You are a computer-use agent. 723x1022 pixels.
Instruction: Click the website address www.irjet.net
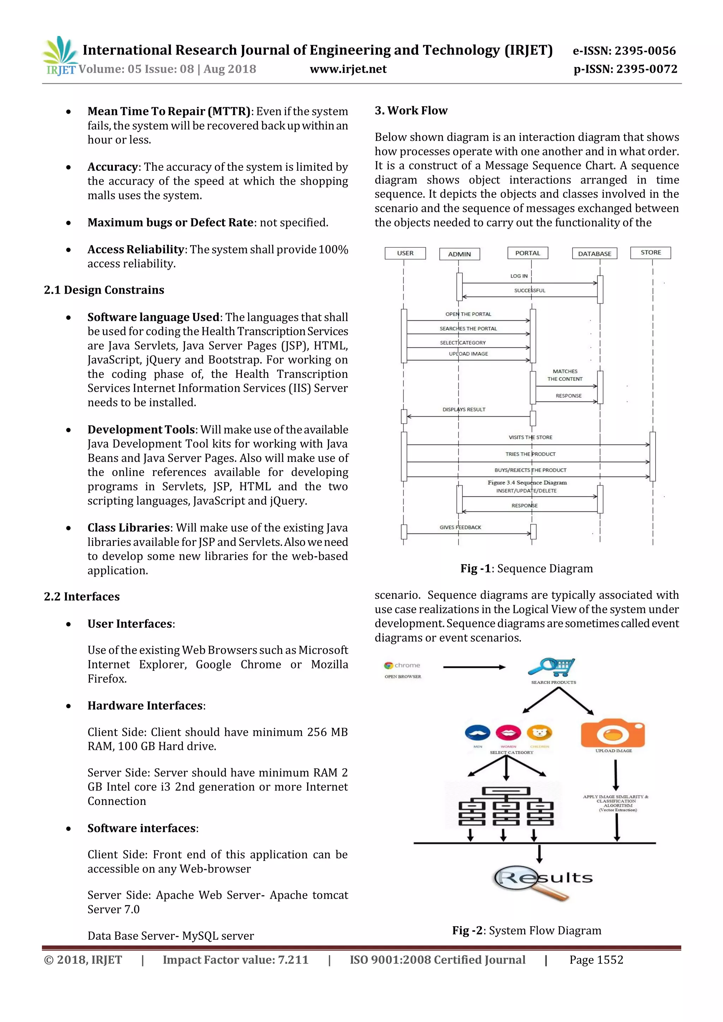(348, 69)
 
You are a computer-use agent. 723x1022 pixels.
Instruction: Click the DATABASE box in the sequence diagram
(594, 254)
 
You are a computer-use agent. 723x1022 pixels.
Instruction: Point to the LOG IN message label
(519, 276)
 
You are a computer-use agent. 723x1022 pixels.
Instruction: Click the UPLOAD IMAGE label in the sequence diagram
(468, 354)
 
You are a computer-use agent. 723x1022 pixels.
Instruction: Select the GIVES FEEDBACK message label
(460, 528)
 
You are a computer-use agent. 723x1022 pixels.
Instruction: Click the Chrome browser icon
(389, 666)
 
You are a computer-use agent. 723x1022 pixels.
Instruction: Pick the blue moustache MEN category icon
(477, 732)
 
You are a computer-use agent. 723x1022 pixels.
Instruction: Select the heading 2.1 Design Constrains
(104, 290)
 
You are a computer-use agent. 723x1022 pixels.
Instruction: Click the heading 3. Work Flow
(411, 110)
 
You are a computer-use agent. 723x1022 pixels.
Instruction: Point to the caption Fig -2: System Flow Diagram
(526, 930)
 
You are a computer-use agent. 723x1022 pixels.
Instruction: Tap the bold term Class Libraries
(128, 528)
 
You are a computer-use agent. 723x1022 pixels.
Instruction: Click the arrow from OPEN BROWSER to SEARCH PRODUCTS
(474, 667)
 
